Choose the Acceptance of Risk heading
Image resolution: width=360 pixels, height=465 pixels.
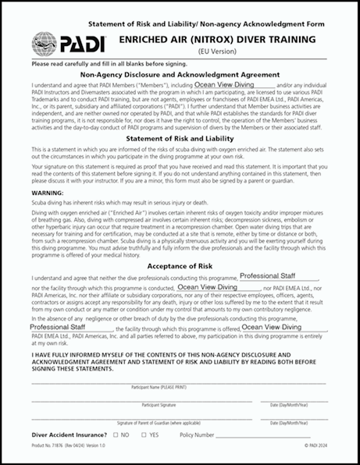click(x=180, y=265)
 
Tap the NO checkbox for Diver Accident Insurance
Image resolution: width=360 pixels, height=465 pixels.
click(x=116, y=434)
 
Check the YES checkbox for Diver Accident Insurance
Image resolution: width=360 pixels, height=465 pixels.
click(x=144, y=434)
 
